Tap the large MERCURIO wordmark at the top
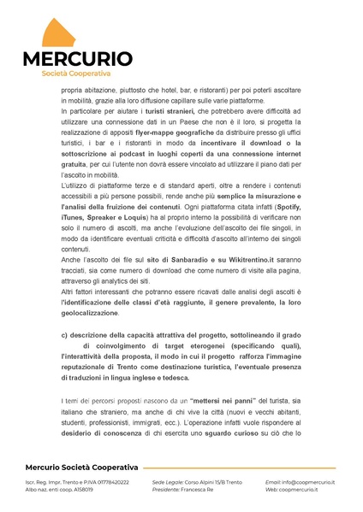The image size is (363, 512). coord(77,60)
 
